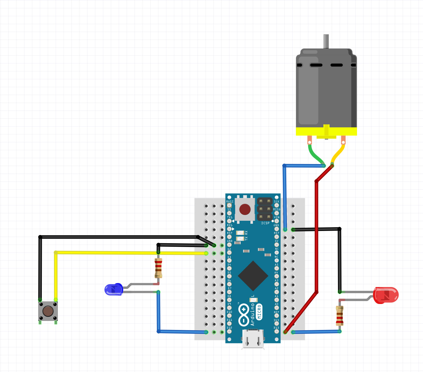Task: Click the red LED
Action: (x=386, y=295)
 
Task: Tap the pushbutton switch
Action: (x=48, y=311)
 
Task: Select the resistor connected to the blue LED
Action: (x=158, y=268)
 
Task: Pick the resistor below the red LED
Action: (x=339, y=315)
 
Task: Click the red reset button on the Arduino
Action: (x=245, y=209)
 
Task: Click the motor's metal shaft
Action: (x=326, y=41)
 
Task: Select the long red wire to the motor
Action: (x=316, y=234)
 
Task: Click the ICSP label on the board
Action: (x=265, y=223)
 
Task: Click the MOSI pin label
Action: (x=230, y=201)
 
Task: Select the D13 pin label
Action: (x=276, y=328)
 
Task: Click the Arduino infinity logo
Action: (x=244, y=315)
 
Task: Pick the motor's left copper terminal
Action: (x=309, y=141)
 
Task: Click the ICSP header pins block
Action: (x=265, y=209)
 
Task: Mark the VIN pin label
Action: (x=277, y=217)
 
